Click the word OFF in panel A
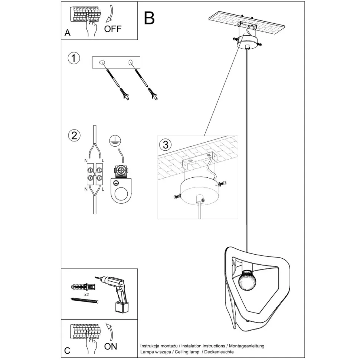coord(112,29)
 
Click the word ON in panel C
coord(111,346)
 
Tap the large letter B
coord(149,18)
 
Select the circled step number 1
coord(74,58)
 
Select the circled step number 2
coord(74,135)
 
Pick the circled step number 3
coord(166,143)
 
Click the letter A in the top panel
coord(67,33)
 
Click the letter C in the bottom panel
coord(67,350)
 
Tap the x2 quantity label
coord(86,294)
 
